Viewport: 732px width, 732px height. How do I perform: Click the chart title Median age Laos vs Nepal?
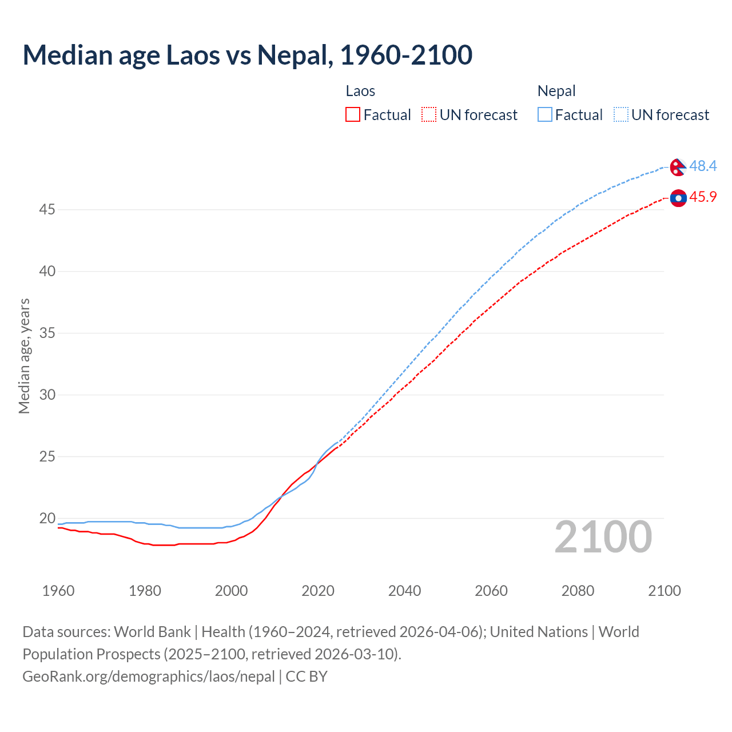pyautogui.click(x=247, y=55)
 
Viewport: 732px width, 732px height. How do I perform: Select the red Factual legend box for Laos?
pyautogui.click(x=353, y=115)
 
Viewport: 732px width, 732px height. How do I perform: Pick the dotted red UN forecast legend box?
pyautogui.click(x=429, y=115)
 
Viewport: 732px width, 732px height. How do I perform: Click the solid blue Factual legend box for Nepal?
pyautogui.click(x=544, y=115)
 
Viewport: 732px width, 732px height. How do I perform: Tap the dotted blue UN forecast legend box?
pyautogui.click(x=620, y=115)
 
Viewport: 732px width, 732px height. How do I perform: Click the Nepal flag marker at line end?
pyautogui.click(x=678, y=167)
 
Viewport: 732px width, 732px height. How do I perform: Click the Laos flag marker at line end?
pyautogui.click(x=678, y=198)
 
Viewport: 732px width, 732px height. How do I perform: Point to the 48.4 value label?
pyautogui.click(x=703, y=166)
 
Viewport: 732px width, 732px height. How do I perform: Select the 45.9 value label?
pyautogui.click(x=703, y=197)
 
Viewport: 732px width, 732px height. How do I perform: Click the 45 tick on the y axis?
pyautogui.click(x=47, y=210)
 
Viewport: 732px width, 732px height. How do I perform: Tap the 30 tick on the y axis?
pyautogui.click(x=47, y=395)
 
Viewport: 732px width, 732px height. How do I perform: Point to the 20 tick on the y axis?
pyautogui.click(x=47, y=519)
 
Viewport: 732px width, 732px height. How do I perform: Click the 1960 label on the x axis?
pyautogui.click(x=58, y=591)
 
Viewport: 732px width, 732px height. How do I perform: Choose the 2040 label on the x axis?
pyautogui.click(x=404, y=591)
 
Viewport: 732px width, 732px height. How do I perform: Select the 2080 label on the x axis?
pyautogui.click(x=578, y=591)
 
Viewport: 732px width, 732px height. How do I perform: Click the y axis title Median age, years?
pyautogui.click(x=24, y=356)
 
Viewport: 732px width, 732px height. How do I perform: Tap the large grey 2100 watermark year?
pyautogui.click(x=603, y=536)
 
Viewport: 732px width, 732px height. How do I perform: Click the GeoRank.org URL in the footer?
pyautogui.click(x=149, y=677)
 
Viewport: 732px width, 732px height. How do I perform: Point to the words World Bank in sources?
pyautogui.click(x=152, y=632)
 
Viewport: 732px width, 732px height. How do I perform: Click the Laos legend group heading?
pyautogui.click(x=360, y=91)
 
